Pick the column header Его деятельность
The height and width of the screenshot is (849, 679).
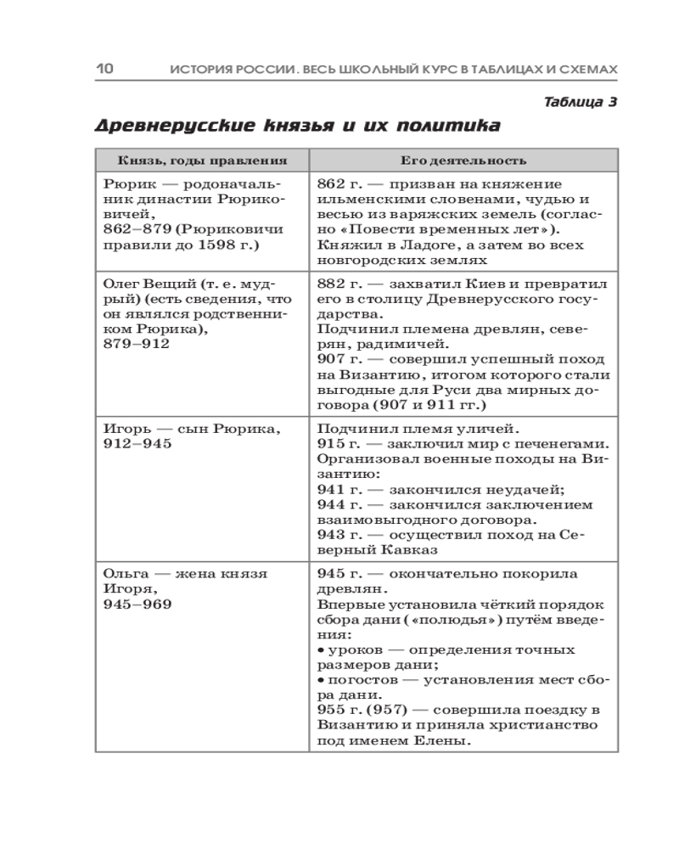(463, 160)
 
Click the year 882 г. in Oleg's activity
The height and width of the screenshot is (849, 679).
(336, 283)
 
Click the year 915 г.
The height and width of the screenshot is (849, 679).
(336, 444)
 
